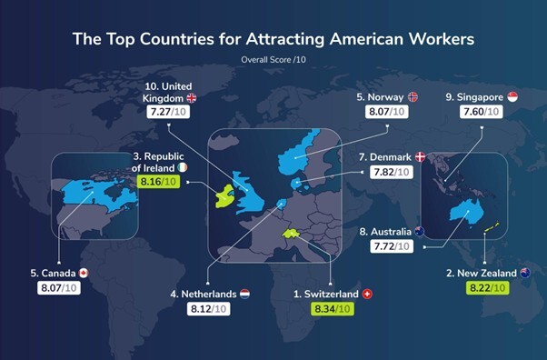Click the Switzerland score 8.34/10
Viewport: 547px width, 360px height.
coord(332,310)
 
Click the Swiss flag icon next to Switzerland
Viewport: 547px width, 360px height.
coord(367,295)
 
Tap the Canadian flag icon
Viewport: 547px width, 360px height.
coord(83,273)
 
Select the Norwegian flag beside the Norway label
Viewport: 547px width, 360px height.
coord(413,97)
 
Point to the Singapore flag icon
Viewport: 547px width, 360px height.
coord(512,97)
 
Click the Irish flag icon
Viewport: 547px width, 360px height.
coord(184,168)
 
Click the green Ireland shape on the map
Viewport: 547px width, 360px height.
coord(221,194)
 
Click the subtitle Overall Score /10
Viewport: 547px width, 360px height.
coord(273,59)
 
